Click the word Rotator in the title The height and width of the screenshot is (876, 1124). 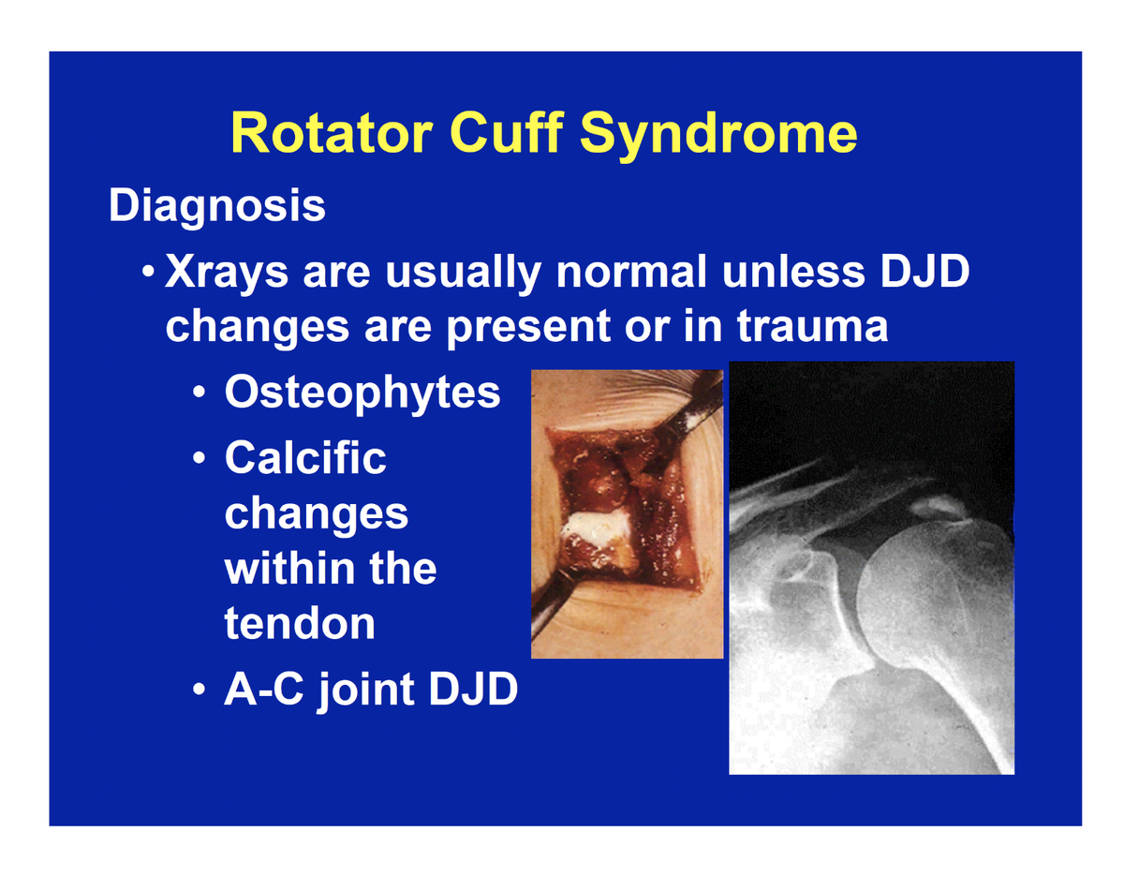click(332, 133)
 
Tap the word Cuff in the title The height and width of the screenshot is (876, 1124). click(507, 132)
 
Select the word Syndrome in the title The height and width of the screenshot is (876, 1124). click(718, 137)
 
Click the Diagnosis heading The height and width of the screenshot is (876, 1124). click(216, 206)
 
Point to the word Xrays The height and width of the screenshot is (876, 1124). click(226, 274)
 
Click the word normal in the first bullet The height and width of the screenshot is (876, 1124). click(630, 271)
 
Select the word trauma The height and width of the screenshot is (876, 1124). click(812, 327)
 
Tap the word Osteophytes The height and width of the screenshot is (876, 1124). click(362, 394)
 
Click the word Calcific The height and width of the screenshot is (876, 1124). click(305, 458)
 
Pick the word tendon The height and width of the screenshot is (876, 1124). click(300, 623)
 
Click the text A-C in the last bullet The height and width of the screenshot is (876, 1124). click(264, 690)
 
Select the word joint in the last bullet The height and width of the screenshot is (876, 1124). click(367, 691)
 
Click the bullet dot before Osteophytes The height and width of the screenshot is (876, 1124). click(200, 393)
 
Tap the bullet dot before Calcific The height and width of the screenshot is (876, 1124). click(200, 458)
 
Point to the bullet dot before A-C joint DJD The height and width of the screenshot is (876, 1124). click(200, 690)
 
